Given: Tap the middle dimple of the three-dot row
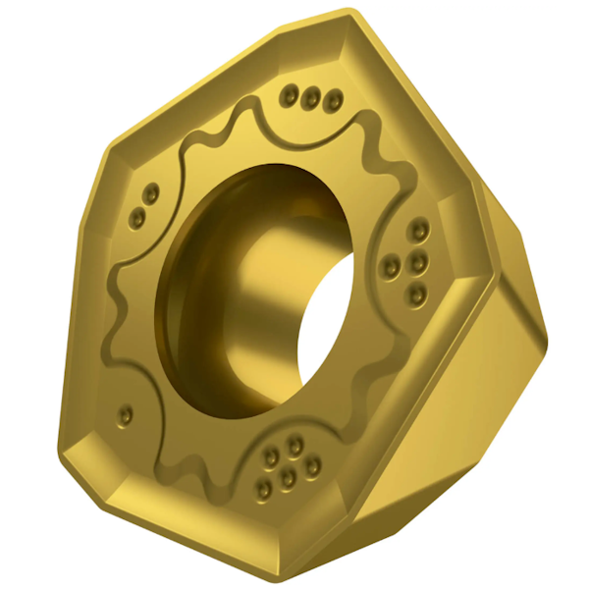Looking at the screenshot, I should pos(312,96).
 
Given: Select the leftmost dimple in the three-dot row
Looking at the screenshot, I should pos(291,94).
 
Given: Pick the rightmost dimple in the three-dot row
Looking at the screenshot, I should pos(334,100).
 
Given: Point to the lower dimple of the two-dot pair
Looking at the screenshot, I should pos(138,213).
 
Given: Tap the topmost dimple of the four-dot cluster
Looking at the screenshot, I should pos(420,232).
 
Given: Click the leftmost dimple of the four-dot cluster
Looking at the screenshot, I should pos(392,262).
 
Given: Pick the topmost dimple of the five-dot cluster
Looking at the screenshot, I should pos(294,445).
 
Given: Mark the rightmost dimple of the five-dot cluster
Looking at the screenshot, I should pos(312,467).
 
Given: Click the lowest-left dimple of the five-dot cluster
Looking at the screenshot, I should pos(264,488).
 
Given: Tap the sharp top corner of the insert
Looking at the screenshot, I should pos(350,14).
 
